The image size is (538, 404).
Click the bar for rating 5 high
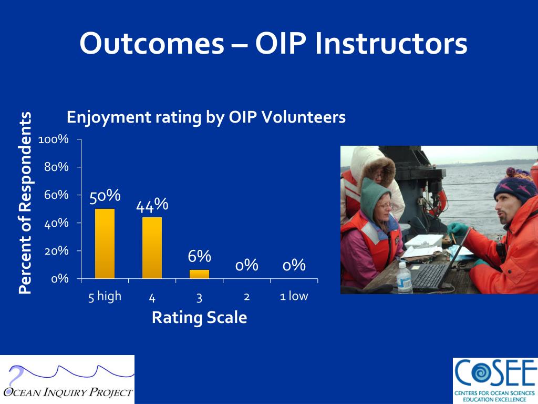(105, 244)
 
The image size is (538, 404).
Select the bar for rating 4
(152, 248)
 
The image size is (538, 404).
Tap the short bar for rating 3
(199, 274)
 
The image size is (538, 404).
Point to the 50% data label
(105, 196)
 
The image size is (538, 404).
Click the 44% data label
(152, 205)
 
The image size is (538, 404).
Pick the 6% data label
(199, 256)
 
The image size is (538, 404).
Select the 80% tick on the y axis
(56, 167)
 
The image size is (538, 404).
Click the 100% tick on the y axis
(54, 139)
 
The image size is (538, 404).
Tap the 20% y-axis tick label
(56, 251)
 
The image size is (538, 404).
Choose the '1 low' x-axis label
(294, 296)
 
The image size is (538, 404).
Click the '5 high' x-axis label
(105, 297)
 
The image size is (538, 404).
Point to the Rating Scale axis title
(199, 317)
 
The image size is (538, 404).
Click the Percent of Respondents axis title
(25, 203)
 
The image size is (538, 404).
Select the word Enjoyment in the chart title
(109, 118)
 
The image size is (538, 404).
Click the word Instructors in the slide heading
(391, 43)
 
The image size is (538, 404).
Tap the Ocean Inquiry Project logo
(67, 380)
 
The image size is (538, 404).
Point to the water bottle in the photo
(404, 278)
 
